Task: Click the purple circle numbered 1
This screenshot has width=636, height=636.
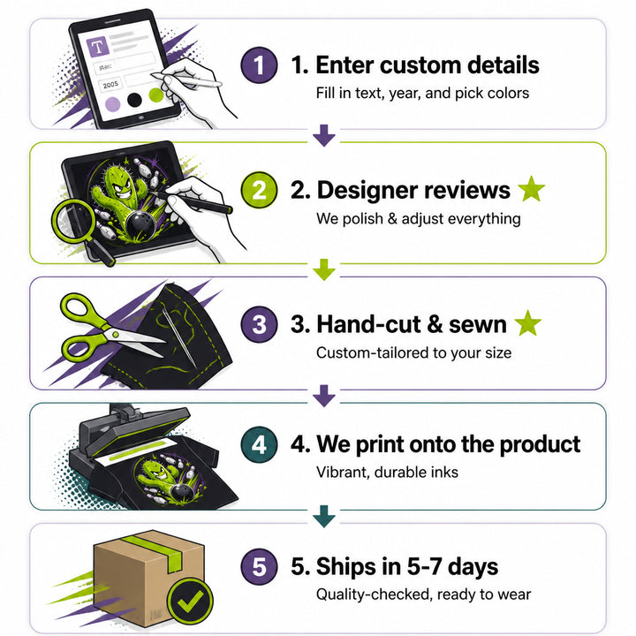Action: (x=259, y=65)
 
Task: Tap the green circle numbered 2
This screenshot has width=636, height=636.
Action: (x=259, y=190)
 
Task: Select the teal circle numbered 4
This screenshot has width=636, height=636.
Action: (x=259, y=445)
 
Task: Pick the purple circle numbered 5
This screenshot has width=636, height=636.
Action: (x=259, y=566)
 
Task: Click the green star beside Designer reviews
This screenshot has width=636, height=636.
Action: (x=532, y=189)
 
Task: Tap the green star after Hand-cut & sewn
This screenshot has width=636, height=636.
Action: (x=527, y=323)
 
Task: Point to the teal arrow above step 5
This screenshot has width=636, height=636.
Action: (x=324, y=516)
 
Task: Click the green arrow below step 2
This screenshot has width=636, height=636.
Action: (x=324, y=269)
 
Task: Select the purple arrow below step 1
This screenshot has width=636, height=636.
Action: (x=324, y=135)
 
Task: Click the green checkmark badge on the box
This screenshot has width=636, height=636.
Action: (x=190, y=602)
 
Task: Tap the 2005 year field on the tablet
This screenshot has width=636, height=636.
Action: (x=110, y=85)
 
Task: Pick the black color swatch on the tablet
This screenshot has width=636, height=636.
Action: (x=134, y=100)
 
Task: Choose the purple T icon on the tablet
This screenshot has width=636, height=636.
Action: (x=98, y=47)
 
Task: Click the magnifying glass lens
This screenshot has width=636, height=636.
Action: (x=73, y=222)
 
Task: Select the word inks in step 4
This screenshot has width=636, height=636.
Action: (x=444, y=472)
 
